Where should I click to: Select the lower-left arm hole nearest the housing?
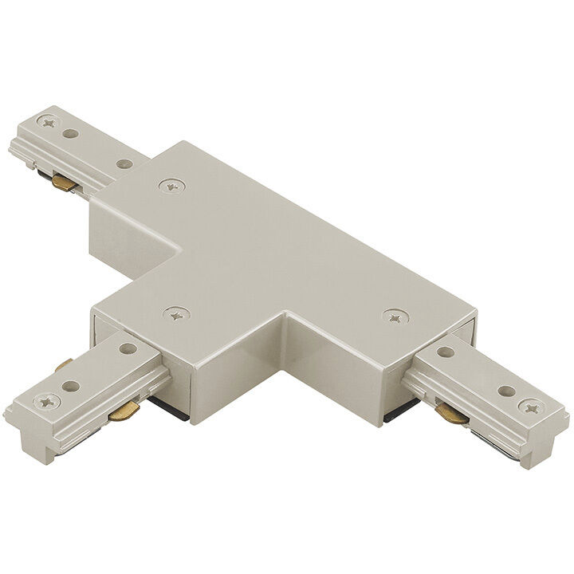pos(128,348)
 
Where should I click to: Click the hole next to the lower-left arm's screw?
pos(74,387)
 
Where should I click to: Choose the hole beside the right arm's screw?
pos(504,391)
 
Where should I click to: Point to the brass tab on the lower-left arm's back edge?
pos(64,367)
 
